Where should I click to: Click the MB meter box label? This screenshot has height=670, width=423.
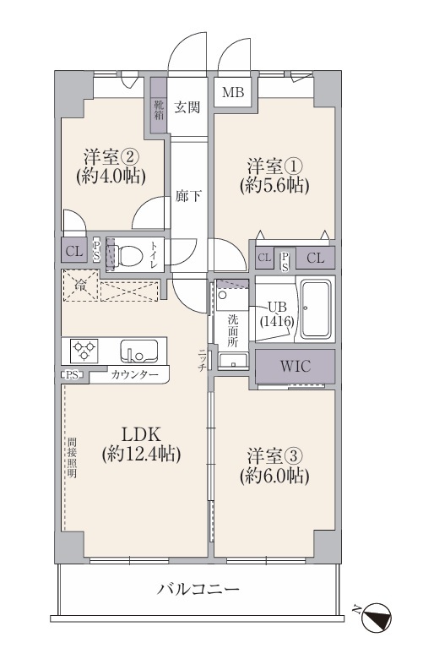pos(233,92)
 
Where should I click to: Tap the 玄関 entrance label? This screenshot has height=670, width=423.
pos(187,106)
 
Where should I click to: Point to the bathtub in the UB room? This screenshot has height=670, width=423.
pos(316,308)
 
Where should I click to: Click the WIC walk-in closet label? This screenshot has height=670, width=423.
pos(296,366)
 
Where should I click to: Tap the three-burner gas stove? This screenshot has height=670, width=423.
pos(84,351)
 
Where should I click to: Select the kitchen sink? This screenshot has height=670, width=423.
pos(138,351)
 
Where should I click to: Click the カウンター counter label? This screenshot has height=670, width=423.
pos(134,375)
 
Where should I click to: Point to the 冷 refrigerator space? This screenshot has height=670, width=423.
pos(80,286)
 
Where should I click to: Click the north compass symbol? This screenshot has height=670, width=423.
pos(377,616)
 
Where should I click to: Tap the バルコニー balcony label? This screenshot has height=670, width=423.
pos(198,590)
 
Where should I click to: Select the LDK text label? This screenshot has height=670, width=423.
pos(141,434)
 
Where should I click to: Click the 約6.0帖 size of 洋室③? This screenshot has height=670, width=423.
pos(274,476)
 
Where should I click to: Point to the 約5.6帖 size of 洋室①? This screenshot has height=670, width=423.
pos(274,185)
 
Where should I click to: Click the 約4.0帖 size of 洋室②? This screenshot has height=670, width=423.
pos(111,176)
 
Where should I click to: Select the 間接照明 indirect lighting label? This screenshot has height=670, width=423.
pos(71,458)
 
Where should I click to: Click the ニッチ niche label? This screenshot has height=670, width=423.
pos(202,360)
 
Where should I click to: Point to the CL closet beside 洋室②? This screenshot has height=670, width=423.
pos(73,251)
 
